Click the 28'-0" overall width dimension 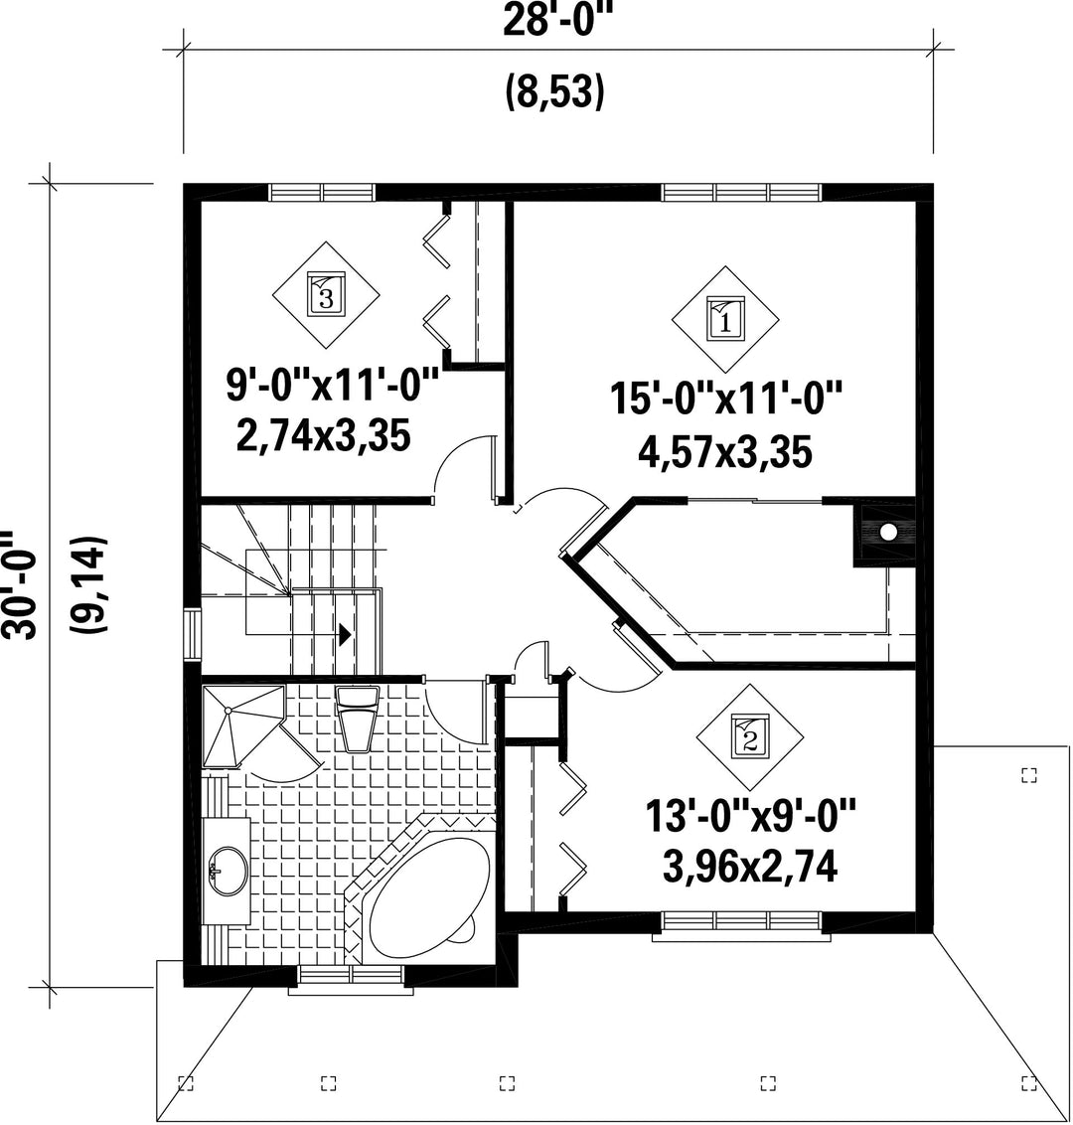(558, 20)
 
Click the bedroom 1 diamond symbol (725, 319)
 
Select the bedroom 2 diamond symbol (749, 736)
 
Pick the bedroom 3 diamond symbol (326, 295)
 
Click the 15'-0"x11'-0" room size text (725, 399)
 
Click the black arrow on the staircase (345, 633)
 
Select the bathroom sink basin (229, 872)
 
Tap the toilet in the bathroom (358, 719)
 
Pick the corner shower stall (243, 726)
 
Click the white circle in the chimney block (888, 533)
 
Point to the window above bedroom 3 (323, 192)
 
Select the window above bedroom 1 (741, 192)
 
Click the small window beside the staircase (192, 633)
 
